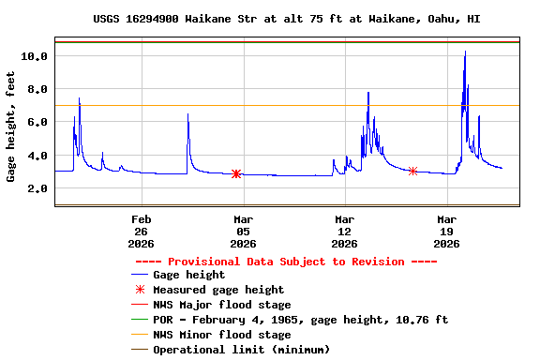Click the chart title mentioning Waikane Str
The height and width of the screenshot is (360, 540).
pyautogui.click(x=287, y=19)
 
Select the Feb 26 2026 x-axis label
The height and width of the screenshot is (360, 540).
pyautogui.click(x=142, y=231)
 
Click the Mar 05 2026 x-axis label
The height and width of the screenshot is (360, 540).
pyautogui.click(x=243, y=231)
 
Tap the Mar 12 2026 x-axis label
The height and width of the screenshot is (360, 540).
pyautogui.click(x=345, y=231)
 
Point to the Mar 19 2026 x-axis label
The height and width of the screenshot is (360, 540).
pyautogui.click(x=446, y=231)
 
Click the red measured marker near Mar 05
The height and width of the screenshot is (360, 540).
pyautogui.click(x=236, y=173)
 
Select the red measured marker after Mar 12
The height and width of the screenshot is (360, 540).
pyautogui.click(x=412, y=171)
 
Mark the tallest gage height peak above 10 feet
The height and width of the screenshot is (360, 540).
pyautogui.click(x=465, y=52)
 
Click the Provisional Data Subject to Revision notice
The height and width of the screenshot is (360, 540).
pyautogui.click(x=287, y=262)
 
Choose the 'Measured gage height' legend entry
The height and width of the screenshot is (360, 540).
pyautogui.click(x=218, y=290)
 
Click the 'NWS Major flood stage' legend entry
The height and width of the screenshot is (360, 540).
pyautogui.click(x=221, y=305)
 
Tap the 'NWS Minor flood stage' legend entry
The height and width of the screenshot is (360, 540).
pyautogui.click(x=221, y=335)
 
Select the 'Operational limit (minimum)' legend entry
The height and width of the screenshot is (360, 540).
pyautogui.click(x=241, y=350)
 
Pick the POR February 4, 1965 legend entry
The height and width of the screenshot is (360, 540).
pyautogui.click(x=300, y=320)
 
